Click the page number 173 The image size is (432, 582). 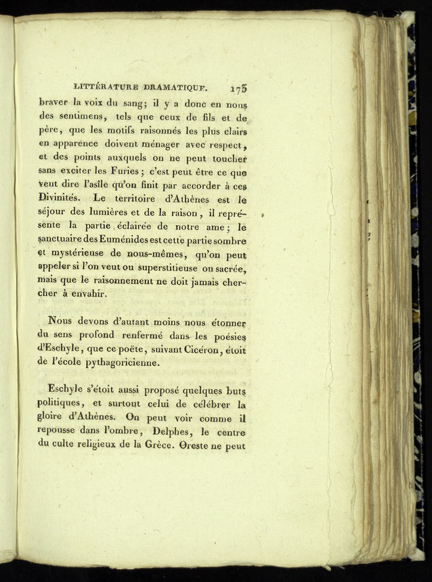tap(240, 88)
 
